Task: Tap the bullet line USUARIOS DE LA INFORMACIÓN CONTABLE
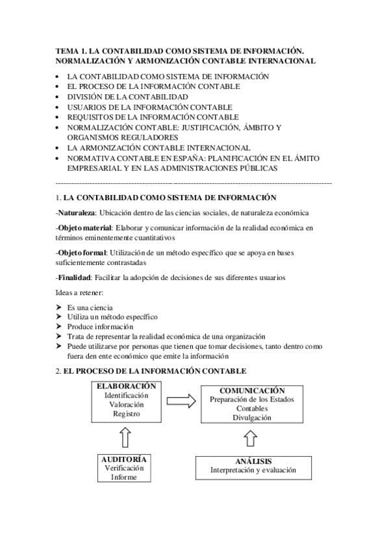tap(140, 107)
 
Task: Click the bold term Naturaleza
tap(77, 212)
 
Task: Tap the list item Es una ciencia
tap(90, 307)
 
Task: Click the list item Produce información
tap(100, 327)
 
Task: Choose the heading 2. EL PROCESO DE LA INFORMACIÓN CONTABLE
tap(151, 370)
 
